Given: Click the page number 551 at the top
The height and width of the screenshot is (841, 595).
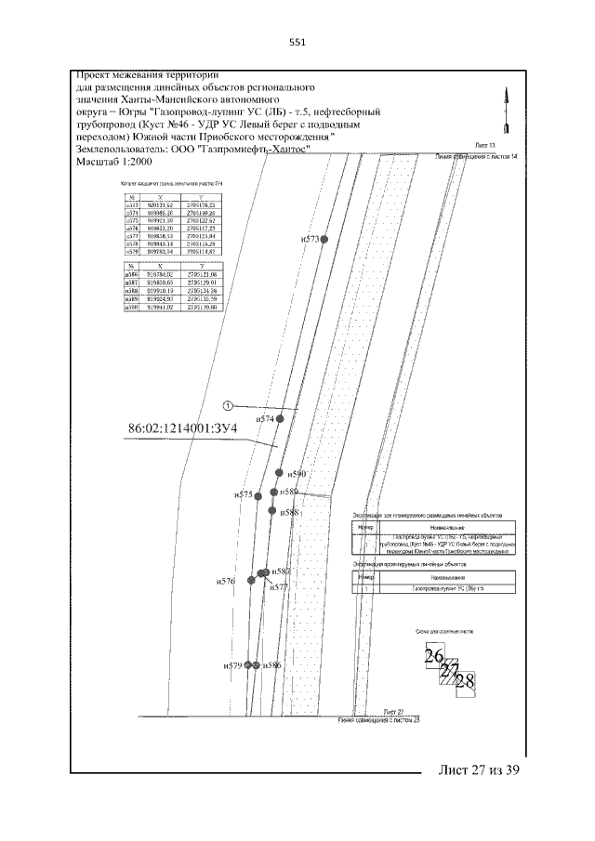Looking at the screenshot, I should tap(297, 42).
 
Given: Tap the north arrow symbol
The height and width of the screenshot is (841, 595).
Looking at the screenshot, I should tap(506, 110).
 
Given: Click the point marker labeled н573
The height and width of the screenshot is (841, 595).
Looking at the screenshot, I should tap(324, 239).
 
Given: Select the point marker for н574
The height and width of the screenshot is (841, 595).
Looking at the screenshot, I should tap(280, 419).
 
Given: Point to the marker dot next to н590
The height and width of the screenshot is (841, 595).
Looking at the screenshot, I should tap(278, 473).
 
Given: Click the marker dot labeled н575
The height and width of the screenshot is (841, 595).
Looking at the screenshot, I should tap(258, 495).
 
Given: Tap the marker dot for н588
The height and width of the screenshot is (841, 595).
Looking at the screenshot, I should tap(271, 510).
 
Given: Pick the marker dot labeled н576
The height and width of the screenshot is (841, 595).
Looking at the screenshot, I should tap(253, 581).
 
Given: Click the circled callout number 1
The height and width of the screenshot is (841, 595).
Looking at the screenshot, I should tap(229, 405).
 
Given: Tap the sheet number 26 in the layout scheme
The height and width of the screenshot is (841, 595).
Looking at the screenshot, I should tap(433, 656).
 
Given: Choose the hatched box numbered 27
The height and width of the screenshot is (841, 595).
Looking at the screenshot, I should tap(451, 670).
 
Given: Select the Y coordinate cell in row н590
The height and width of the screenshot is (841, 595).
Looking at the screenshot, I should tap(201, 307).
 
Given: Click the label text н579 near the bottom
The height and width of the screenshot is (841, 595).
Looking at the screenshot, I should tap(232, 665).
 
